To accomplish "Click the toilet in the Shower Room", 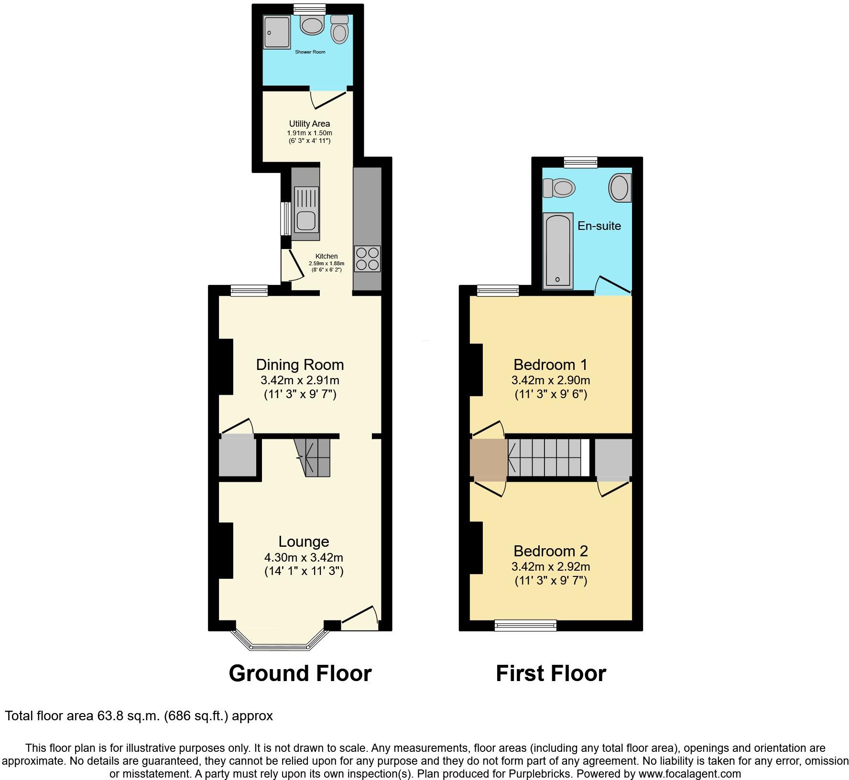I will tap(339, 30).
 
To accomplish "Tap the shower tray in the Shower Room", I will tap(277, 32).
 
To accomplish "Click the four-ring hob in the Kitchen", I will tap(367, 259).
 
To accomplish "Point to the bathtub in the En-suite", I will tap(557, 251).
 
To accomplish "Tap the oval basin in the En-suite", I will tap(620, 187).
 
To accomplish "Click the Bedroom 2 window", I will tap(525, 625).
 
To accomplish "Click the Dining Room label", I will tap(300, 365).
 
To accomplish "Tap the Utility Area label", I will tap(309, 124).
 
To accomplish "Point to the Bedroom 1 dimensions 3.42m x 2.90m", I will tap(551, 380).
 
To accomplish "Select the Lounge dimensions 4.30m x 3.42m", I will tap(304, 557).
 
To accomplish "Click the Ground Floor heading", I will tap(300, 673).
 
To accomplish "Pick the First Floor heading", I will tap(551, 673).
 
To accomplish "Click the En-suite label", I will tap(599, 226).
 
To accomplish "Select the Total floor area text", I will tap(139, 716).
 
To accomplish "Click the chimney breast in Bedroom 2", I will tap(476, 547).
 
